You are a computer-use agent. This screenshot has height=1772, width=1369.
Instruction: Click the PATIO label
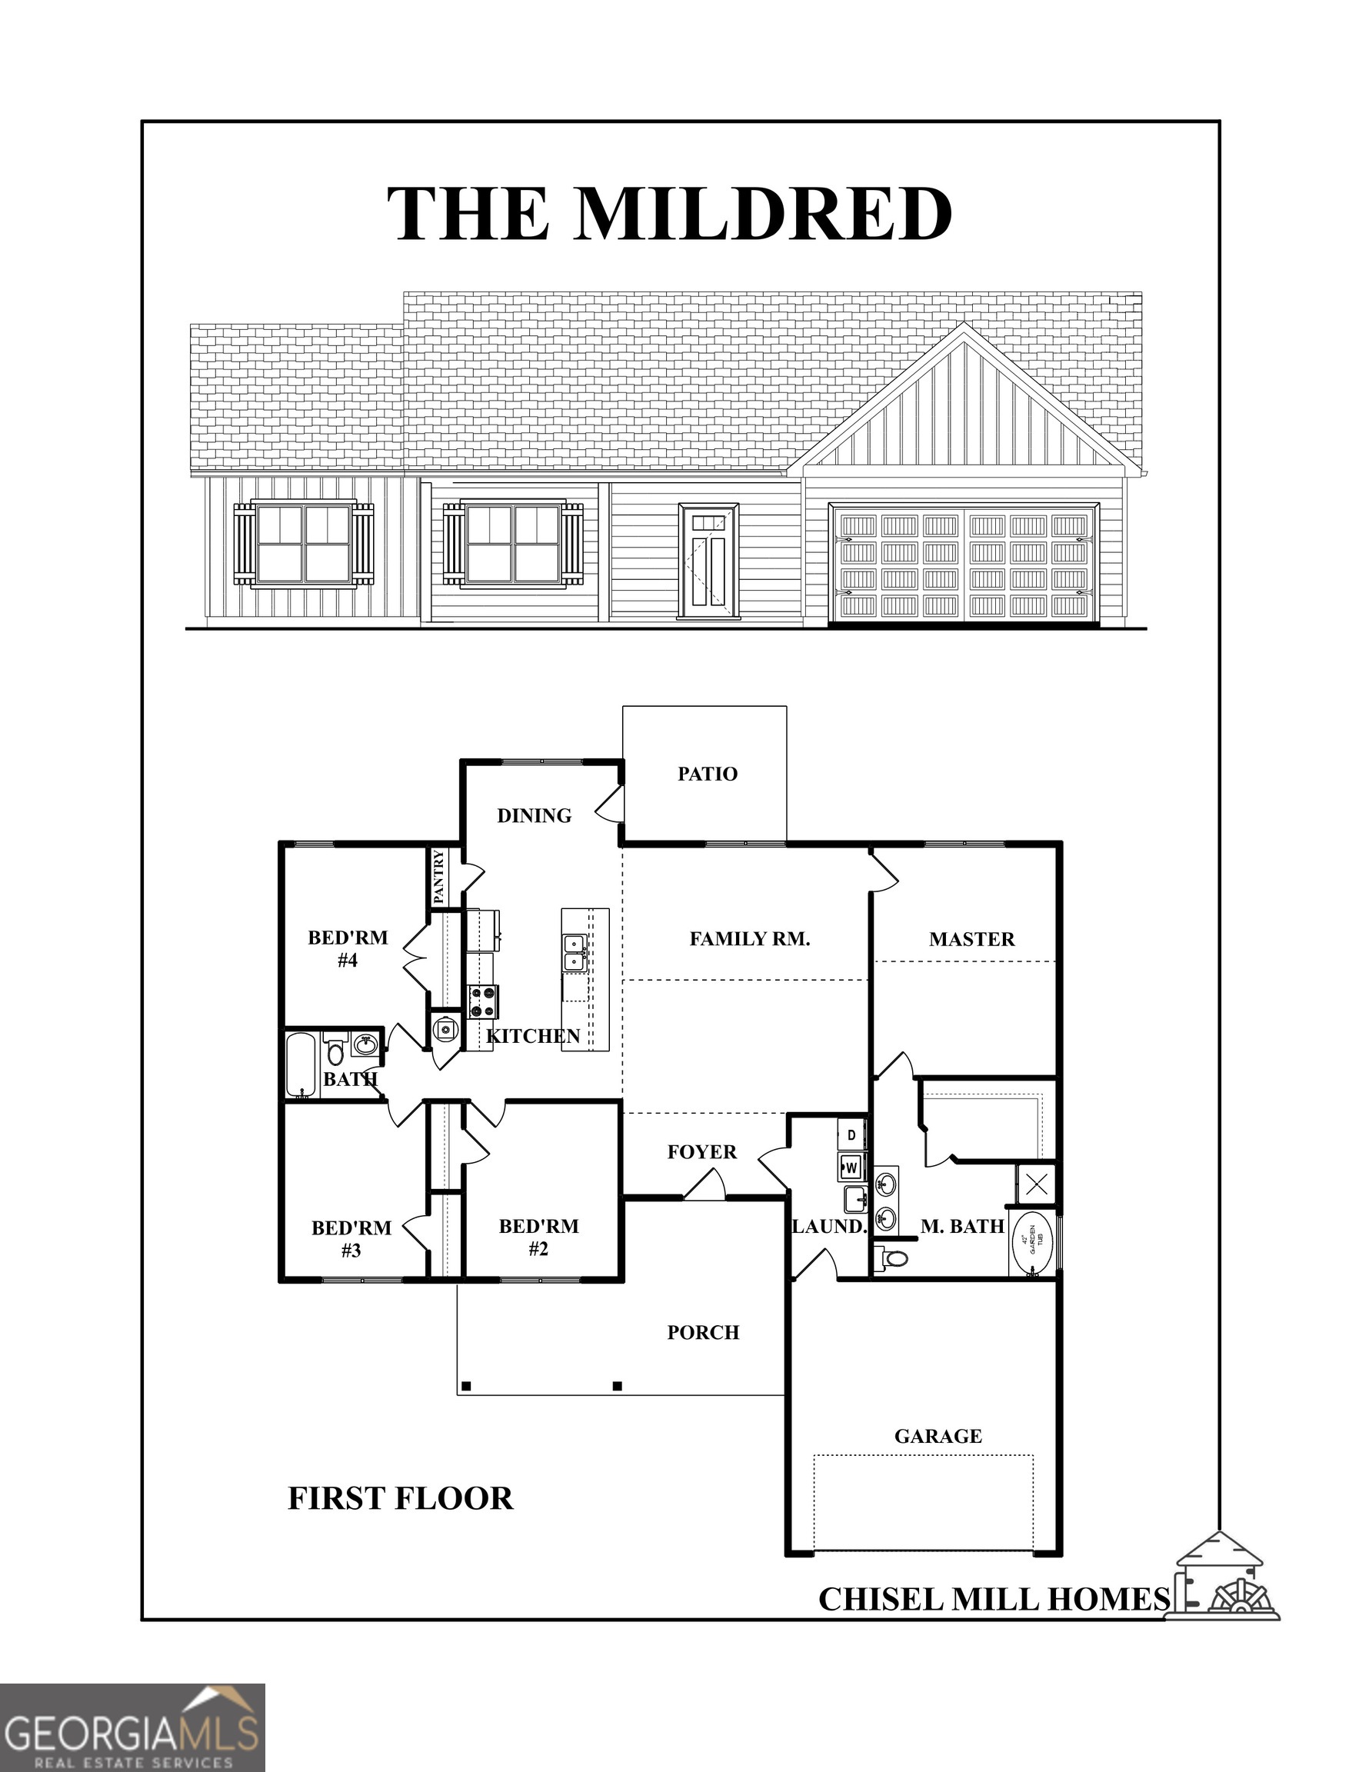point(708,774)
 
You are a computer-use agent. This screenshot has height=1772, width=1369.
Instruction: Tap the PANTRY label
point(439,876)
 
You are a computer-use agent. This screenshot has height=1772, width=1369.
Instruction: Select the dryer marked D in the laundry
point(851,1134)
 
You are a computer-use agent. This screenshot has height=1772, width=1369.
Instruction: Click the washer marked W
point(851,1167)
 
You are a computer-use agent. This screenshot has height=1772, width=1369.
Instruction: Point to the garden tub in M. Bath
point(1033,1244)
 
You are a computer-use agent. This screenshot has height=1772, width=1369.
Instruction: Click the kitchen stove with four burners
point(482,1001)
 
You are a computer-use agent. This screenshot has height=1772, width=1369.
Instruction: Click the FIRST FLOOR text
point(401,1498)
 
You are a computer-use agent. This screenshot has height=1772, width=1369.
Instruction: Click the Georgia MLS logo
point(132,1728)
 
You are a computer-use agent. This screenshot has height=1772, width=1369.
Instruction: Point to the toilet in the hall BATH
point(334,1051)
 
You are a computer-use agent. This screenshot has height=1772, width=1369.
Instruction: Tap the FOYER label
point(702,1152)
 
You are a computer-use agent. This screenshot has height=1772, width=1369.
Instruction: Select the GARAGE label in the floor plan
point(938,1436)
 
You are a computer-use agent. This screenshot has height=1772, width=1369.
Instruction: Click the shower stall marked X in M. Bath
point(1035,1184)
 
